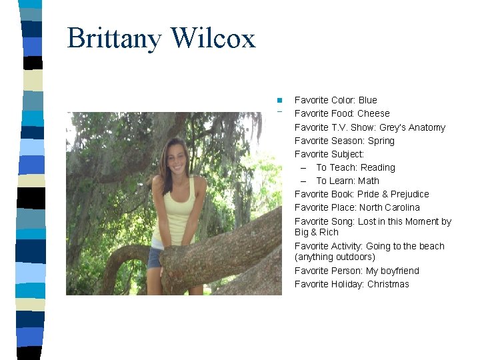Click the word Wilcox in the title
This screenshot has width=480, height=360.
tap(213, 39)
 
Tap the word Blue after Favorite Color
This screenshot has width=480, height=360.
tap(367, 100)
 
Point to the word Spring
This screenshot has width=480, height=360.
tap(381, 141)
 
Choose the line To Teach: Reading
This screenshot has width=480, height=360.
tap(355, 167)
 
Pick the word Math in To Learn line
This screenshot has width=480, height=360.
tap(368, 181)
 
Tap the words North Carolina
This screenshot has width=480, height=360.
tap(389, 207)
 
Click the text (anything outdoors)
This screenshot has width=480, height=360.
tap(335, 257)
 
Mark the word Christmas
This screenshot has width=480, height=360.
tap(388, 284)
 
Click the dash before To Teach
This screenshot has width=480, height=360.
tap(303, 167)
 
